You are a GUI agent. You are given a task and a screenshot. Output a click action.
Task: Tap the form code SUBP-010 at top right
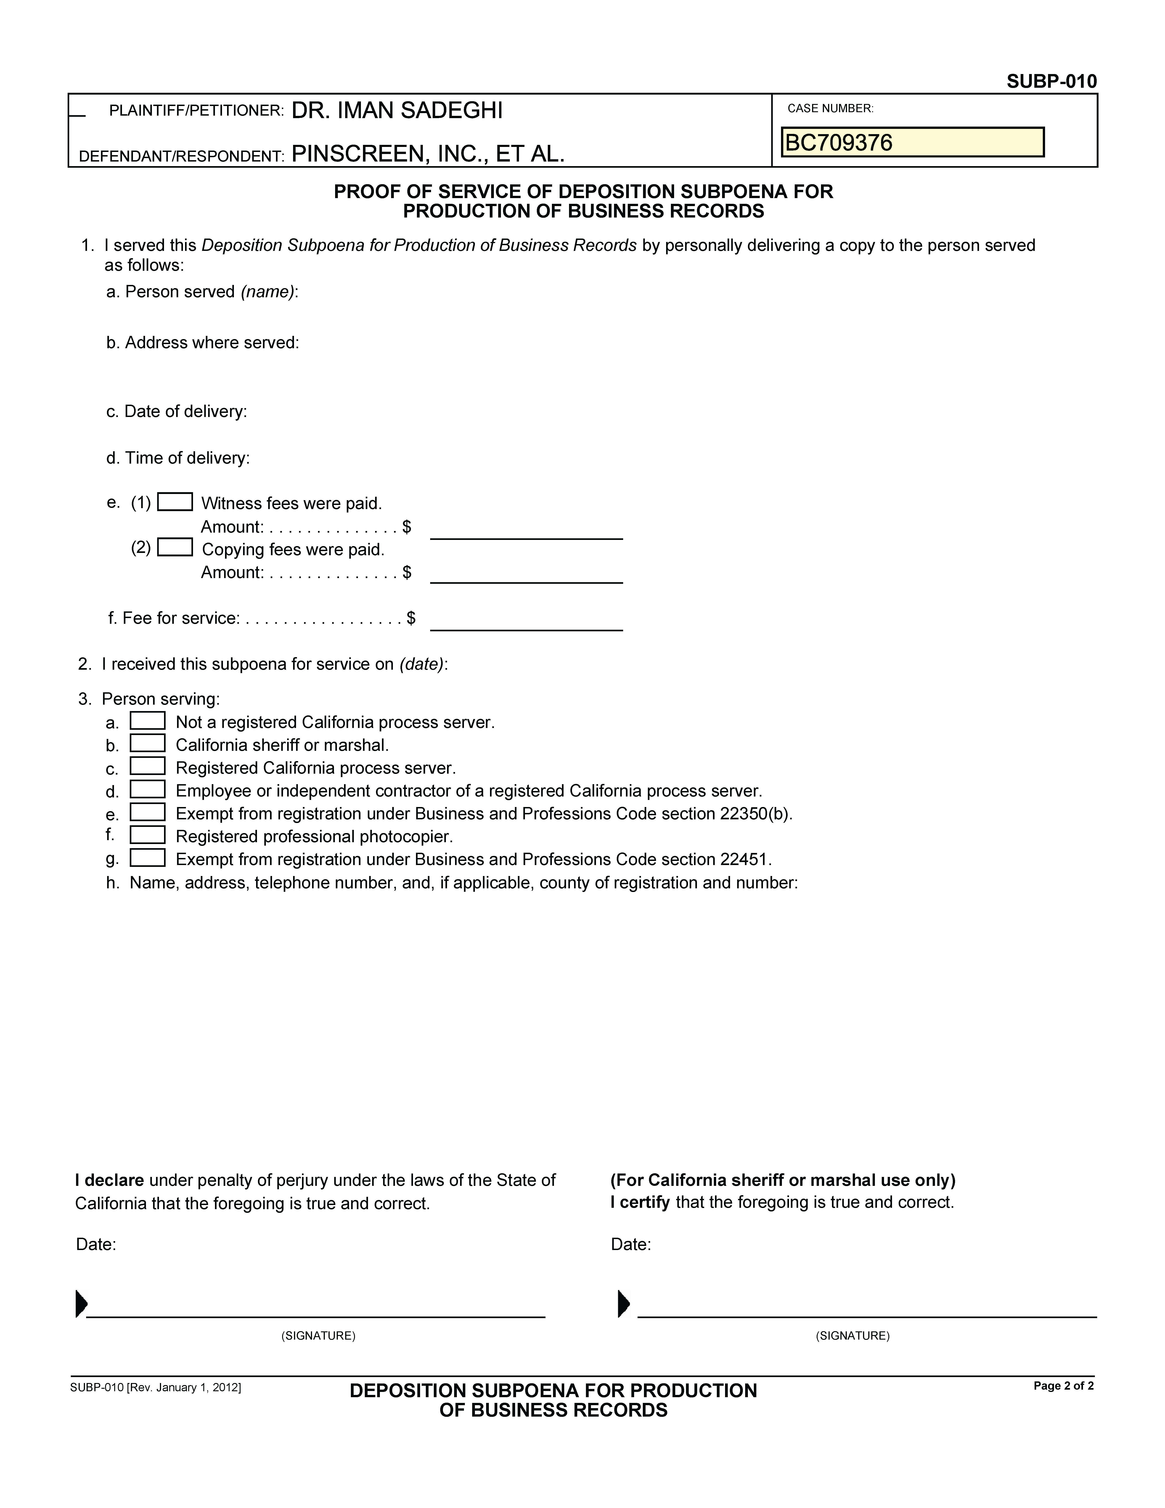point(1051,82)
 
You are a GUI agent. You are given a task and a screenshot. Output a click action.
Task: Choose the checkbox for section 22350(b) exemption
point(148,812)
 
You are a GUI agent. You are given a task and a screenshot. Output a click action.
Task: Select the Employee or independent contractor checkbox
point(148,789)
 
